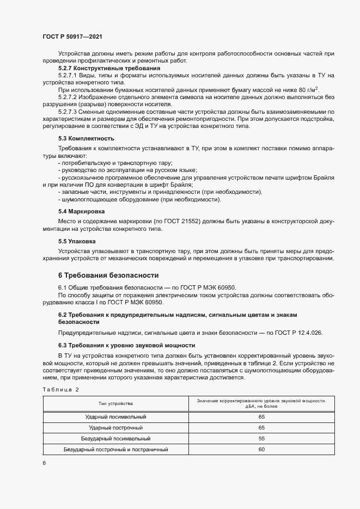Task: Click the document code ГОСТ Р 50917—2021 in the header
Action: tap(72, 36)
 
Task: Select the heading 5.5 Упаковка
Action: tap(77, 240)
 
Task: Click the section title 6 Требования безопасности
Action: tap(108, 275)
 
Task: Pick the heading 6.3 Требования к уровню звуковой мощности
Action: tap(126, 345)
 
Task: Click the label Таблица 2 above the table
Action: tap(60, 389)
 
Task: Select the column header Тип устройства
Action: tap(115, 403)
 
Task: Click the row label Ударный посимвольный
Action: tap(116, 416)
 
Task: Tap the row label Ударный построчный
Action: tap(115, 427)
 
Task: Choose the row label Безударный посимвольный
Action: tap(115, 438)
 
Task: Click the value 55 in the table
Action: tap(261, 438)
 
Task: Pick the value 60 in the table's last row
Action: tap(261, 450)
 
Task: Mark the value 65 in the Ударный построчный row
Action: tap(261, 427)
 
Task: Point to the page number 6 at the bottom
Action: tap(44, 463)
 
